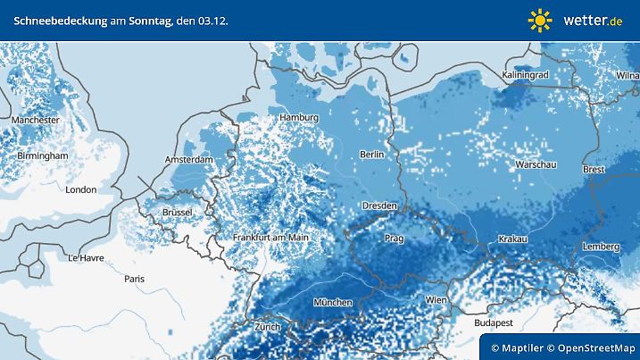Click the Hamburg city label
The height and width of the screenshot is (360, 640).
[x=299, y=118]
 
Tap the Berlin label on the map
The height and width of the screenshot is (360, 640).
[x=371, y=155]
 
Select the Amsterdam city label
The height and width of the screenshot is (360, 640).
[x=188, y=160]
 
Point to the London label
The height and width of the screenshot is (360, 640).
[x=80, y=189]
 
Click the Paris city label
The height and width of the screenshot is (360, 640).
[x=135, y=279]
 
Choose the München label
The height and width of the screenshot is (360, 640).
[x=332, y=303]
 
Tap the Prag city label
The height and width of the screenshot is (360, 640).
[x=395, y=239]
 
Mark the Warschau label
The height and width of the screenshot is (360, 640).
[x=537, y=165]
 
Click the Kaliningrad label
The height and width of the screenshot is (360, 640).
[x=525, y=75]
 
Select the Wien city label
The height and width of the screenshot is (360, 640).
[x=436, y=300]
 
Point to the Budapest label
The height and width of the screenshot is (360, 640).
[x=494, y=322]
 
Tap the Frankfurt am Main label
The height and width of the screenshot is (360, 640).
[x=270, y=238]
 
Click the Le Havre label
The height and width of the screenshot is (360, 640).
[x=85, y=257]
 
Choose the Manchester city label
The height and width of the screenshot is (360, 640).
[x=36, y=120]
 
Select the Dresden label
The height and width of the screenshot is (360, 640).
[x=379, y=205]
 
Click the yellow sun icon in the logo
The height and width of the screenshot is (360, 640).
[x=540, y=20]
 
